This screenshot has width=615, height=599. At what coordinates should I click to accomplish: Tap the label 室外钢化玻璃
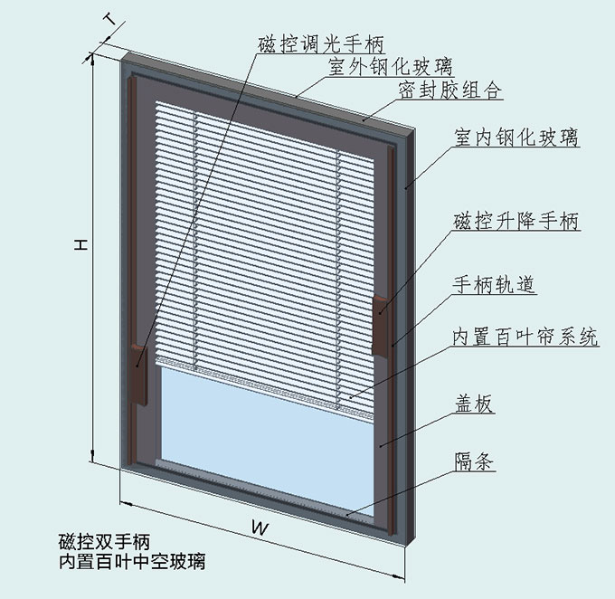pos(390,67)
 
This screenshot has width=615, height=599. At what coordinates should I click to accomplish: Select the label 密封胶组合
pos(449,91)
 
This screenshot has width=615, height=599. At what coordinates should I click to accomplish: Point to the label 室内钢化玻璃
pos(516,138)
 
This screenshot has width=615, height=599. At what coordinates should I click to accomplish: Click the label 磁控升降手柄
pos(516,221)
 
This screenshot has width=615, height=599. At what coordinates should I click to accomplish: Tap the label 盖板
pos(472,404)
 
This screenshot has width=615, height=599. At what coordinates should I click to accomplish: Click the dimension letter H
pos(80,244)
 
